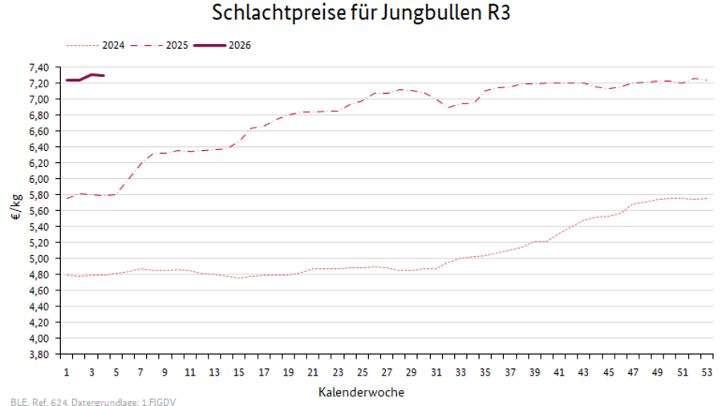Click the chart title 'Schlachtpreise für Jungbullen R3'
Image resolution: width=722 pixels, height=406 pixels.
(x=361, y=14)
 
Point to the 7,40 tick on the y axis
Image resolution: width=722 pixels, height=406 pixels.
(x=39, y=67)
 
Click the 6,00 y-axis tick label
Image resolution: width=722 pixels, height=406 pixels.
(x=39, y=179)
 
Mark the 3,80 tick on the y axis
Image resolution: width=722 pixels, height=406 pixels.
(x=39, y=354)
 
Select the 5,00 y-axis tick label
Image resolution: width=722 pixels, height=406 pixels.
(x=39, y=258)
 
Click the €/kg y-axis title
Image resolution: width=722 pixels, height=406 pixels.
(x=15, y=211)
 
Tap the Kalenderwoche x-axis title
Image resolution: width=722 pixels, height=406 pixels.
(x=361, y=392)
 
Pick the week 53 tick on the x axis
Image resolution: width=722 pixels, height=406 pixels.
(x=706, y=373)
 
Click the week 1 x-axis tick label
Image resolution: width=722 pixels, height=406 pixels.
(x=67, y=373)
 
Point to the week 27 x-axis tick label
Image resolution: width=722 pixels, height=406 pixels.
(x=387, y=373)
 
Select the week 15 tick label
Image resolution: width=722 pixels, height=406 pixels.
(x=239, y=373)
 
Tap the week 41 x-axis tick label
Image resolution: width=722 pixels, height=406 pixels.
(x=558, y=373)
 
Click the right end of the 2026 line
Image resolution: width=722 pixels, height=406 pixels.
(x=103, y=75)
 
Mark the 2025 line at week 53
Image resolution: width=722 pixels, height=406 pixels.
(x=706, y=80)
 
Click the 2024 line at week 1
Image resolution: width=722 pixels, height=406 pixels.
(x=67, y=275)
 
